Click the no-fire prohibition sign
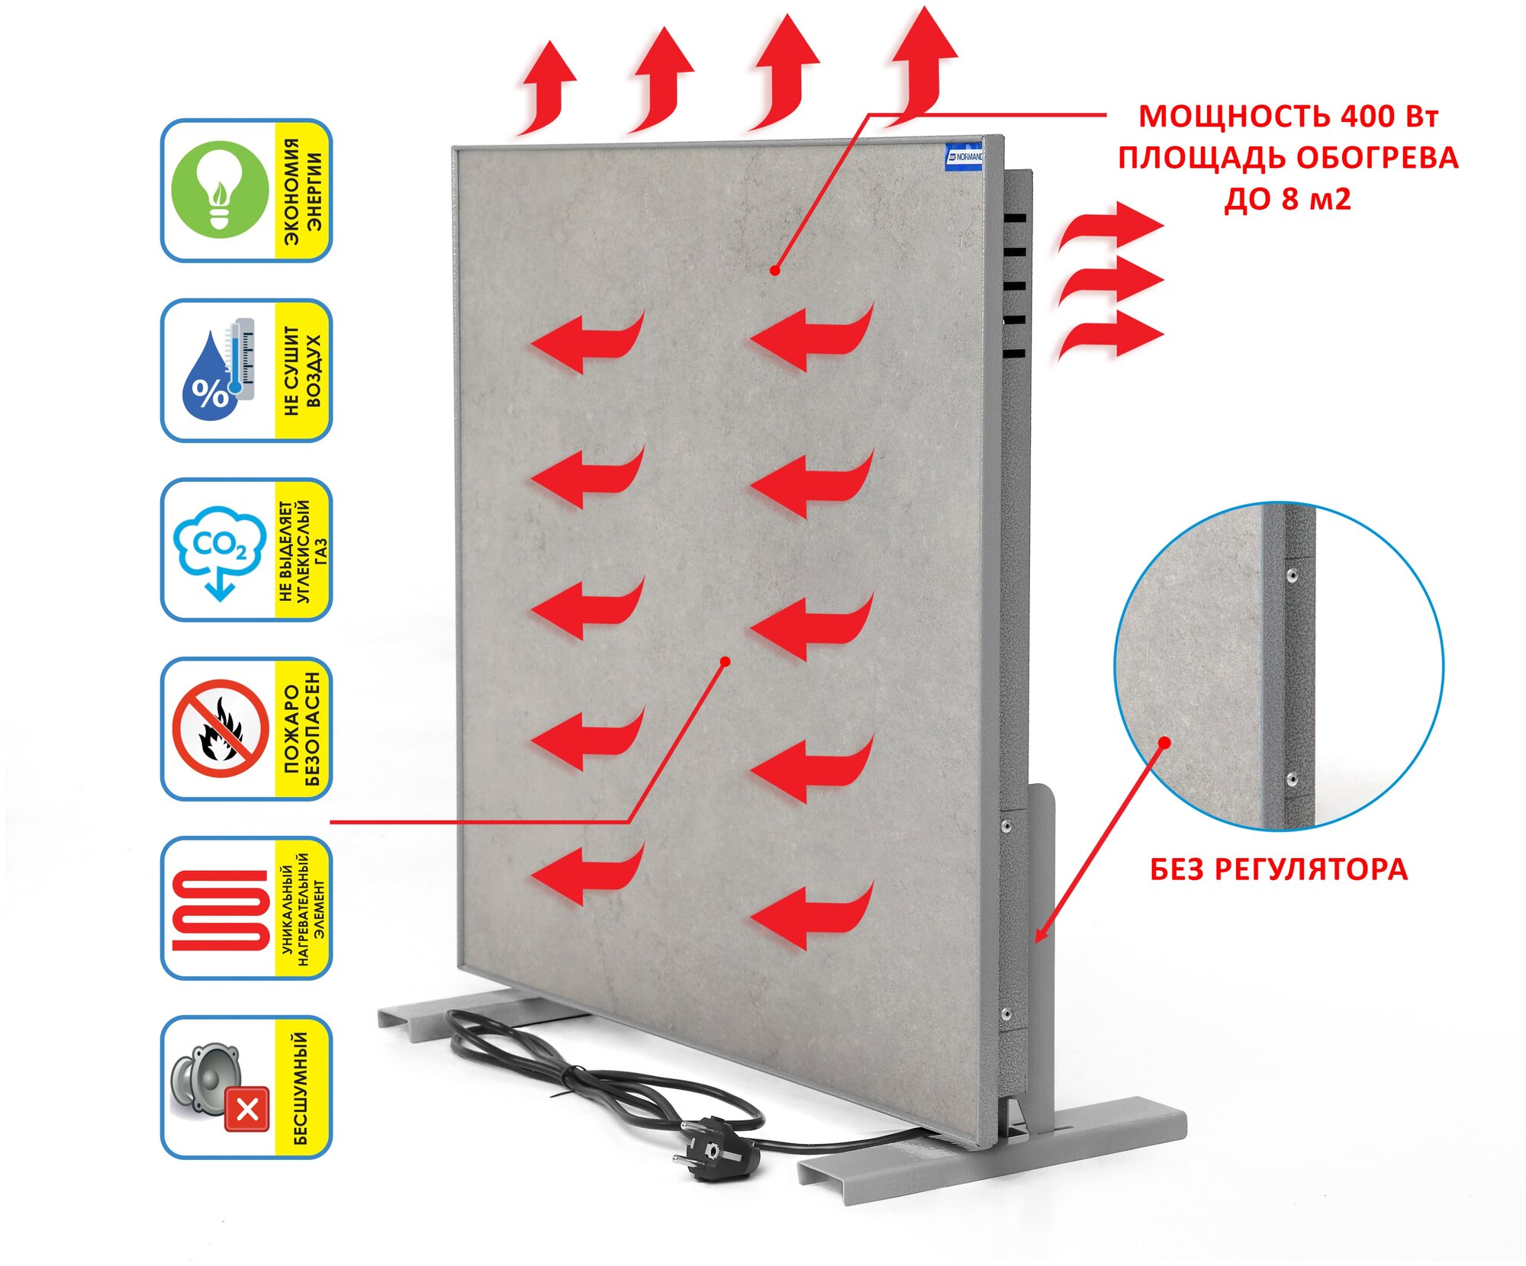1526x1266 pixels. coord(221,728)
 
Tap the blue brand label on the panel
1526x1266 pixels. coord(963,156)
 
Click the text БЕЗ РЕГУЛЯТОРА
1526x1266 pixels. coord(1279,869)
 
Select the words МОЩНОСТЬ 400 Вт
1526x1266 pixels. coord(1289,117)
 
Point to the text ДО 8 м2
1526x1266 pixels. coord(1288,199)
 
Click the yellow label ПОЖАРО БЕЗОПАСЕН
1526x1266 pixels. coord(303,728)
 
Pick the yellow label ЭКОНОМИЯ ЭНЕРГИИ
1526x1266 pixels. coord(303,191)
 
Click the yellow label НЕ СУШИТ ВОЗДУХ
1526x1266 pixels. coord(303,371)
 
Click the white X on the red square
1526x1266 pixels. coord(248,1110)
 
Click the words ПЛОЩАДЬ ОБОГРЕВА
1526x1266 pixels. coord(1288,158)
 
